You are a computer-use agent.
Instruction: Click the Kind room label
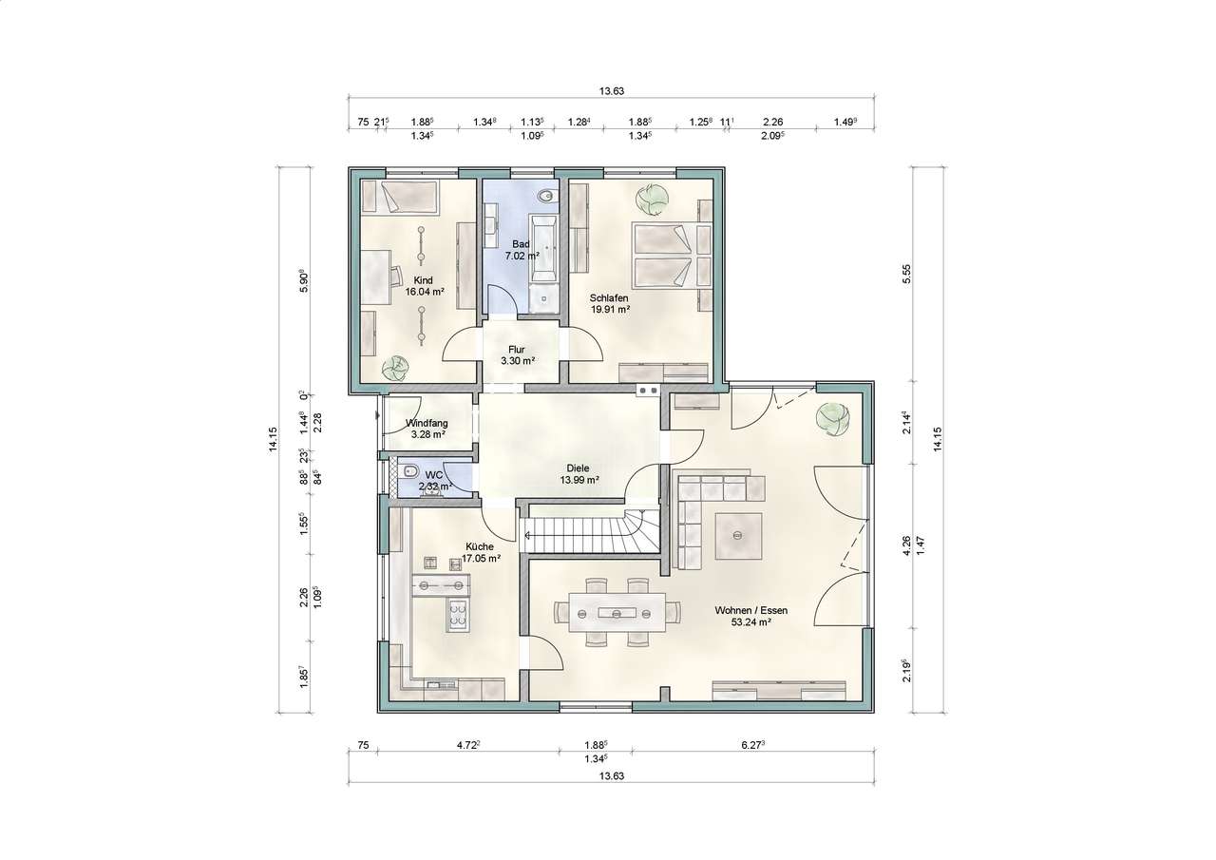424,286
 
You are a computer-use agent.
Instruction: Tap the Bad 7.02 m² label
522,250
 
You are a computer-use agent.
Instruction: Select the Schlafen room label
610,303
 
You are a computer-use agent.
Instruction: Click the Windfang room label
427,429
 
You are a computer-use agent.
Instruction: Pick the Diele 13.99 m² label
579,473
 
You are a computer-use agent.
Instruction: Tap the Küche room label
481,552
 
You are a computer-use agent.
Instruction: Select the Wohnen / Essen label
751,616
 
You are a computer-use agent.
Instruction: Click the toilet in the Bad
545,195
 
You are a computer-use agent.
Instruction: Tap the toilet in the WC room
408,470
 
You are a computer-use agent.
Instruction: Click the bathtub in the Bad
544,249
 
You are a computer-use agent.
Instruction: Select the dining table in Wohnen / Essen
617,612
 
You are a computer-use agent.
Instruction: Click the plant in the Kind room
395,370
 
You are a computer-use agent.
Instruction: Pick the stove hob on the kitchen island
458,615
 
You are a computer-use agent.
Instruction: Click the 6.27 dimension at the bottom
753,745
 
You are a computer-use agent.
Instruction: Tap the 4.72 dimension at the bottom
468,745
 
